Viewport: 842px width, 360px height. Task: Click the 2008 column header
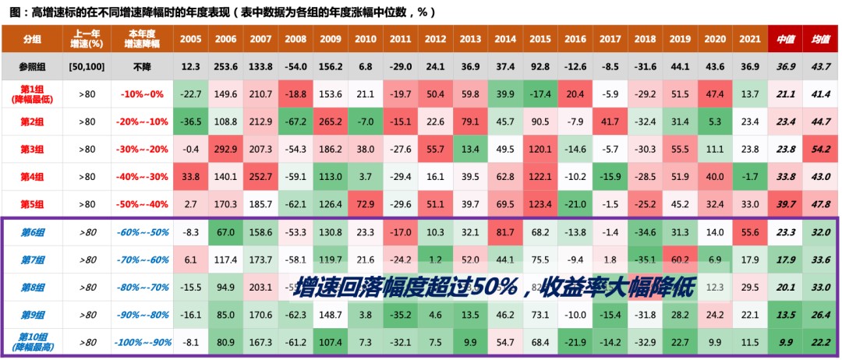point(296,39)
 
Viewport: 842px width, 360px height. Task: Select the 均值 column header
point(819,39)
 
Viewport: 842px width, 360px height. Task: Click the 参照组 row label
point(32,66)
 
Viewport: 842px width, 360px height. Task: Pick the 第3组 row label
point(32,149)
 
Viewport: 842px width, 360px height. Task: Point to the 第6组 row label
point(32,231)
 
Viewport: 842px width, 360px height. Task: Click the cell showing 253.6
point(225,66)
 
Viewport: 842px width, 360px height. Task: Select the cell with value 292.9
point(225,149)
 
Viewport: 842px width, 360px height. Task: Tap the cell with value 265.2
point(331,122)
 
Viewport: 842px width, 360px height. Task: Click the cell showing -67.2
point(296,122)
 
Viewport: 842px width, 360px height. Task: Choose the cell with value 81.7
point(505,231)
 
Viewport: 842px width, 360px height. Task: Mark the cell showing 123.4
point(540,204)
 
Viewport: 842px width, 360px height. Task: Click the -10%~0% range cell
point(142,94)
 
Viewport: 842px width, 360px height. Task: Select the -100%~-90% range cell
point(142,342)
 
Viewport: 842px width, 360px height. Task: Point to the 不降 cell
point(142,66)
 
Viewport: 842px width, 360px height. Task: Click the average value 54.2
point(819,149)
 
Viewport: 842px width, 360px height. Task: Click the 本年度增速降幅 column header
point(142,39)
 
